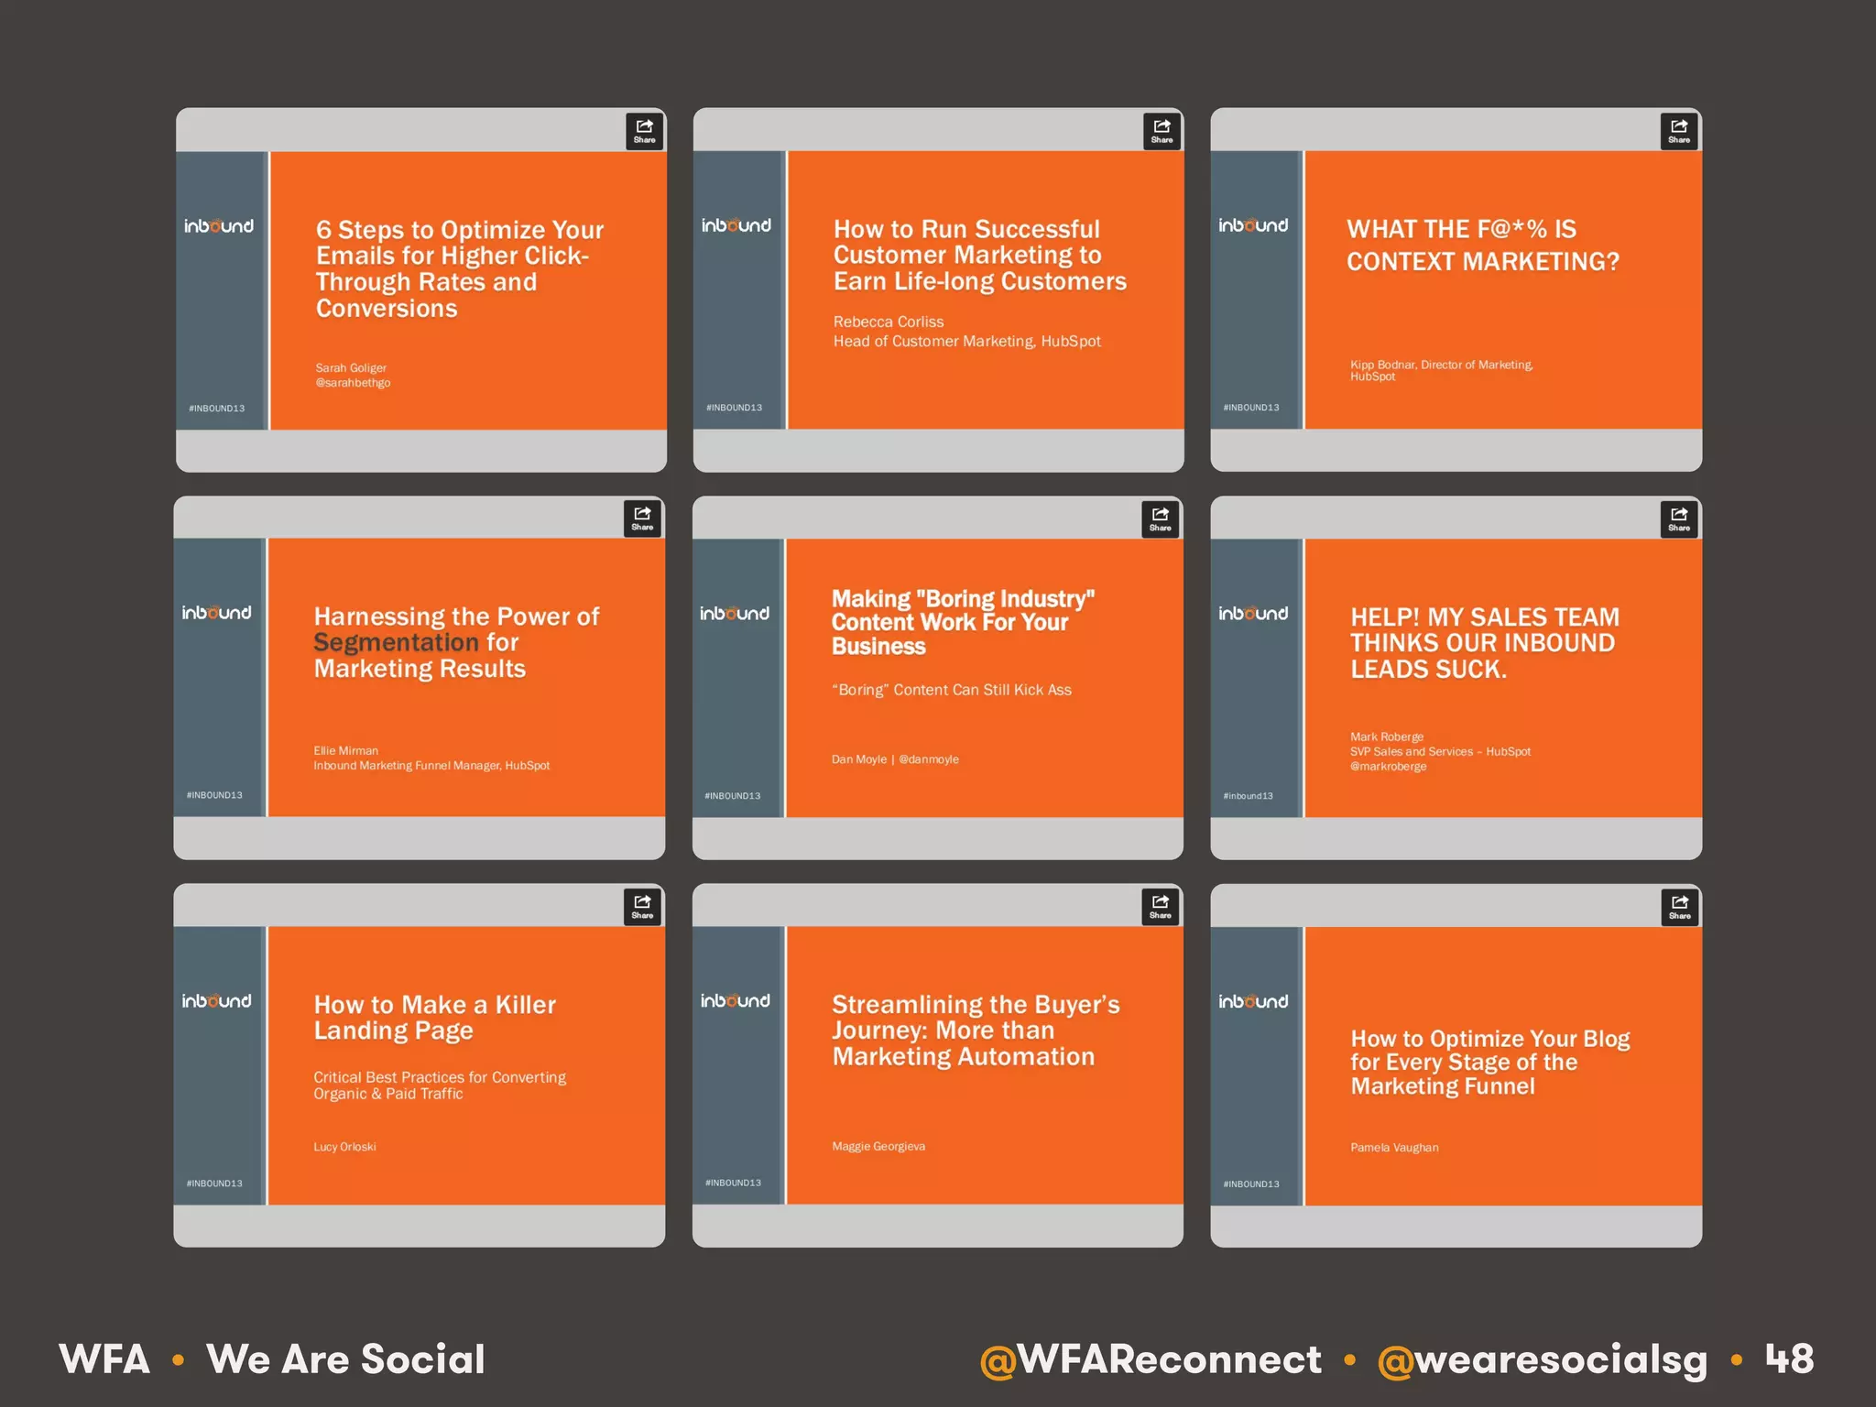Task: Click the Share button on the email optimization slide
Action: [644, 131]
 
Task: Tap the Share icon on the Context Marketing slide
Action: [1678, 131]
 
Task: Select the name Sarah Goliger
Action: [351, 368]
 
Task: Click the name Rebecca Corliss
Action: [888, 322]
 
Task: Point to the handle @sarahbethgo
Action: [353, 383]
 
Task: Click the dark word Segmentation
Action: [396, 642]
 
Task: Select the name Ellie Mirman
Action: [345, 750]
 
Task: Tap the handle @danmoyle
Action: [929, 759]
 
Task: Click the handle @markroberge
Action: [1388, 767]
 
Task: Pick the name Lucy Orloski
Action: [344, 1147]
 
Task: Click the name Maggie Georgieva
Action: [878, 1146]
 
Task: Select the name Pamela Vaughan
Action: [1394, 1148]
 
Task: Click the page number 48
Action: [1789, 1358]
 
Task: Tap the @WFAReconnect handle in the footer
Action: [1151, 1359]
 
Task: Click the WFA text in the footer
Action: [104, 1359]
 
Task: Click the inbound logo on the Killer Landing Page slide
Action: [216, 1001]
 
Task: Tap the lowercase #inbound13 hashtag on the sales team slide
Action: [1248, 796]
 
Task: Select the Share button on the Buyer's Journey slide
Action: [1160, 906]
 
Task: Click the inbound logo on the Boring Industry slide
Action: [735, 614]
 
